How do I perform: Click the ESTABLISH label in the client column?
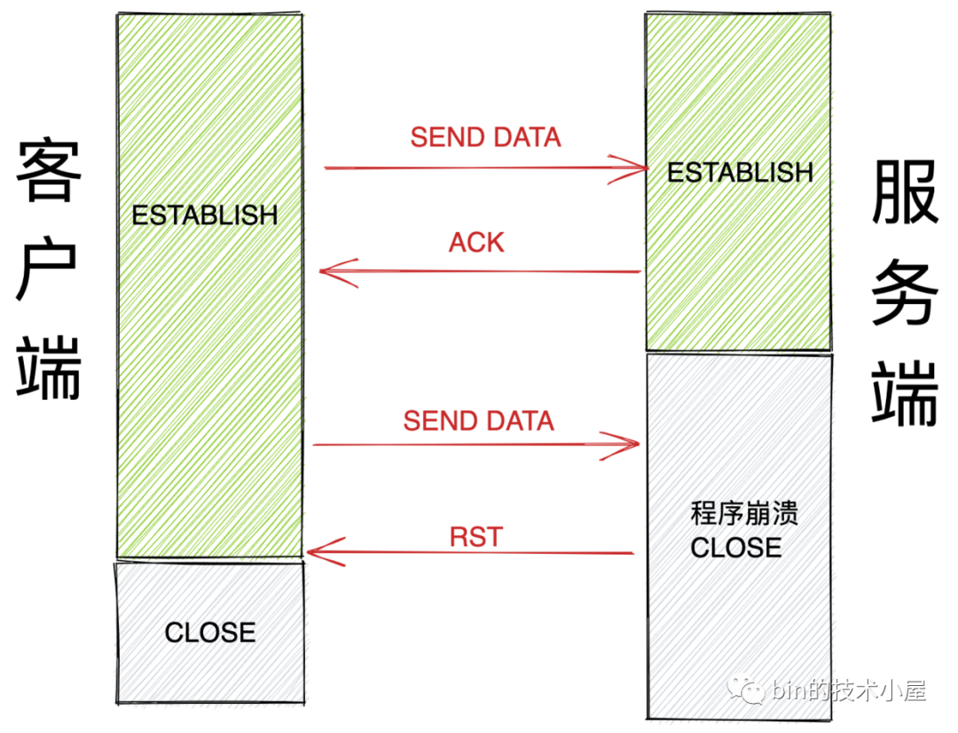pyautogui.click(x=205, y=215)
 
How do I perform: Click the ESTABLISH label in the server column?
pyautogui.click(x=740, y=172)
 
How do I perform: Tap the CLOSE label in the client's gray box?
pyautogui.click(x=210, y=632)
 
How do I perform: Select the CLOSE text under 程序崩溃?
pyautogui.click(x=735, y=548)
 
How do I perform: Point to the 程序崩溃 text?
pyautogui.click(x=744, y=513)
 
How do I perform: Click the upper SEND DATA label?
pyautogui.click(x=486, y=137)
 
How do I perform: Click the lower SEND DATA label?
pyautogui.click(x=478, y=421)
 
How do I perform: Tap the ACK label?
pyautogui.click(x=476, y=242)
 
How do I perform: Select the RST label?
pyautogui.click(x=476, y=537)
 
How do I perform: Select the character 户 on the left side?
pyautogui.click(x=46, y=271)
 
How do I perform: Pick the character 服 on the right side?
pyautogui.click(x=905, y=191)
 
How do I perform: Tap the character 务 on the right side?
pyautogui.click(x=905, y=292)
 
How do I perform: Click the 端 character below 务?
pyautogui.click(x=905, y=393)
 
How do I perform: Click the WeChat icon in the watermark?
pyautogui.click(x=745, y=690)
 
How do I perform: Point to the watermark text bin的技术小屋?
pyautogui.click(x=849, y=690)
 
